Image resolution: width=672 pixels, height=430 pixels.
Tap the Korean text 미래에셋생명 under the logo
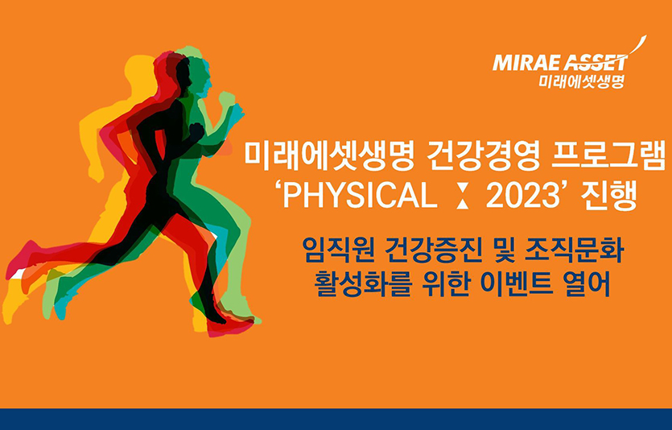click(x=581, y=81)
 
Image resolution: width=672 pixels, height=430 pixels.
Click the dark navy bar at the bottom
click(x=336, y=419)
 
